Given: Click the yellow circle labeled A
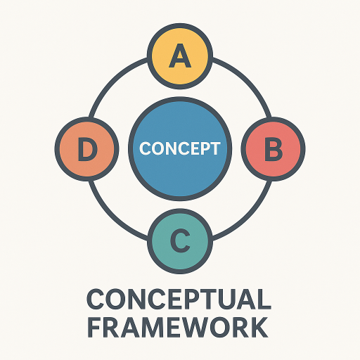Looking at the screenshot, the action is (180, 56).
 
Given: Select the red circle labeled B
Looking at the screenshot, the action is (274, 149).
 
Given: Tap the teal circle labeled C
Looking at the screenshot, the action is (180, 241).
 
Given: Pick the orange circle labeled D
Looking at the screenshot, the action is (87, 149).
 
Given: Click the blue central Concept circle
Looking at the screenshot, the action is (180, 149).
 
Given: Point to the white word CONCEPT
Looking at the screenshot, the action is (180, 148).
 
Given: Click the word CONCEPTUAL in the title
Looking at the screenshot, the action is (179, 300).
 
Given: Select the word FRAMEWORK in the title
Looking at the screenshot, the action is (178, 327).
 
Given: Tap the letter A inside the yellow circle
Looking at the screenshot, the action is (180, 56).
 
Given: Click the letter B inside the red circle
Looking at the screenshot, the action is (274, 149).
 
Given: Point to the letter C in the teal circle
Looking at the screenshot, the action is (180, 241).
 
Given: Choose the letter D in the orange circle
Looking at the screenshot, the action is (87, 149).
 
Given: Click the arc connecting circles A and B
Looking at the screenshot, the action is (249, 80).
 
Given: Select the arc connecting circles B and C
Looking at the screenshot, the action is (249, 218).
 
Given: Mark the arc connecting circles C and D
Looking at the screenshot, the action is (111, 218).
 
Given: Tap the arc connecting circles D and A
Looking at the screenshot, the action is (111, 80).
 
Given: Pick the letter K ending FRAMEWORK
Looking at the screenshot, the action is (259, 327).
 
